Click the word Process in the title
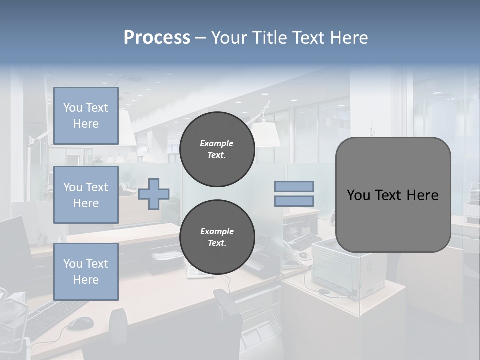(157, 38)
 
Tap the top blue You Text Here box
(86, 116)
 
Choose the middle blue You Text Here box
(86, 195)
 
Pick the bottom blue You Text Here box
(86, 272)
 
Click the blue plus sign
(154, 194)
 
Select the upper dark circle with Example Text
(217, 149)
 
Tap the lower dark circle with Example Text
(217, 237)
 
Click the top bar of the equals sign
(294, 186)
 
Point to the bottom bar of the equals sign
(294, 201)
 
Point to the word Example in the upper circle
(217, 143)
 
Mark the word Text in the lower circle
(216, 243)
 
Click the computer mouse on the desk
(80, 323)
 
